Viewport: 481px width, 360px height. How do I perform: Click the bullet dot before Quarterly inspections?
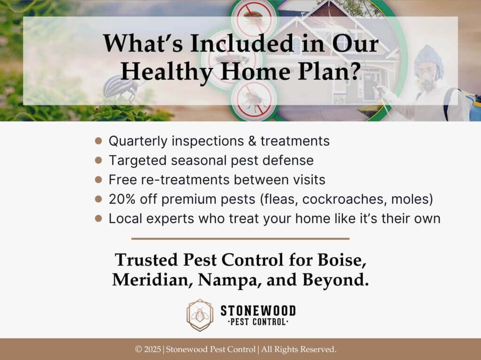99,141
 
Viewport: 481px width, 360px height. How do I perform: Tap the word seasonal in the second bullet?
195,160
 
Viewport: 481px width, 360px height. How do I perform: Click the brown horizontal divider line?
240,238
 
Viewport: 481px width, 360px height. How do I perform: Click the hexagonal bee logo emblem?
200,315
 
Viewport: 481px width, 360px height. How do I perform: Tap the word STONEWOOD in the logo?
258,310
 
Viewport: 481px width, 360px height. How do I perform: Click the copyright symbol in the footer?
139,349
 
